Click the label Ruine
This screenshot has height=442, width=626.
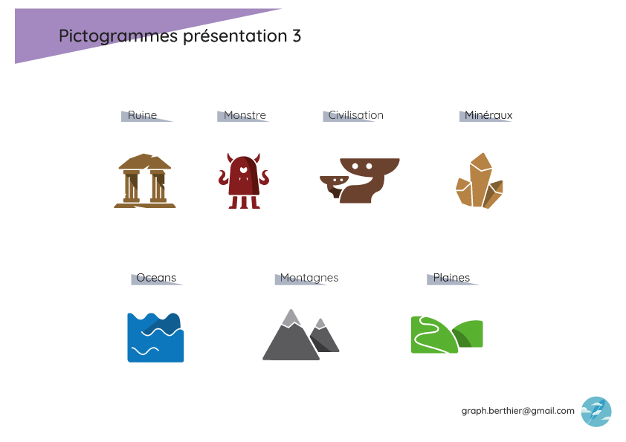(142, 115)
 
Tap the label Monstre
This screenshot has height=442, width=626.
(245, 115)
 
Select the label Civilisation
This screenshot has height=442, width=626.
(355, 115)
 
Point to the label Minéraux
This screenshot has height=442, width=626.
(488, 115)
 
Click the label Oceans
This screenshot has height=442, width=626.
(156, 278)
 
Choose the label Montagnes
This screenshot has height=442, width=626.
(309, 278)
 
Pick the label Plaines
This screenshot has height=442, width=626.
(451, 278)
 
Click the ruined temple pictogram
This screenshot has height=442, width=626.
(145, 181)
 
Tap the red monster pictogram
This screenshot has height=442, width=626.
(243, 181)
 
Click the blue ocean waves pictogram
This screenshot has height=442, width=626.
(155, 337)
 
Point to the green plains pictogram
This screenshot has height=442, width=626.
(447, 335)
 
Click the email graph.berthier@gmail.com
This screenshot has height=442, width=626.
(517, 411)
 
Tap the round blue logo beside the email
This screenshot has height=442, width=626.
(596, 412)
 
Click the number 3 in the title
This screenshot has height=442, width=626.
(296, 36)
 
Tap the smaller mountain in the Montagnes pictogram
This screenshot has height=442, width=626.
(324, 338)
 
